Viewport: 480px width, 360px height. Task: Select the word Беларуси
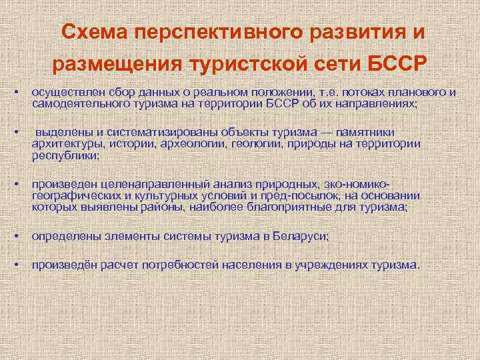click(x=299, y=237)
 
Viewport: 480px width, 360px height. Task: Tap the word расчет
click(x=119, y=265)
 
